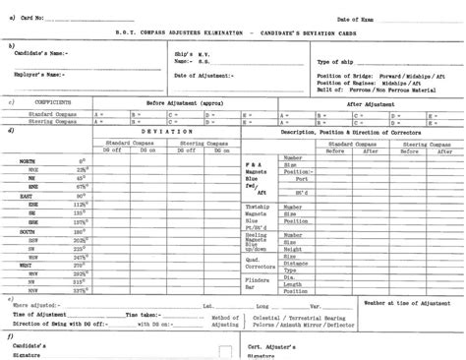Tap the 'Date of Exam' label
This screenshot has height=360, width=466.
[x=357, y=19]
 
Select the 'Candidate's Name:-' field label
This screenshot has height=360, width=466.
[x=44, y=52]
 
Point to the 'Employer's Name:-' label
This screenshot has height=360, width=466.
[x=43, y=74]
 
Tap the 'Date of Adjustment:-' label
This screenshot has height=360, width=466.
[x=204, y=76]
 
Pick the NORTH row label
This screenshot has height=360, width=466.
[x=27, y=159]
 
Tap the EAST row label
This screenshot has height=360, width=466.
[x=27, y=196]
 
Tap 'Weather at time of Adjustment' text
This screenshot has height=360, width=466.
[x=405, y=304]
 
